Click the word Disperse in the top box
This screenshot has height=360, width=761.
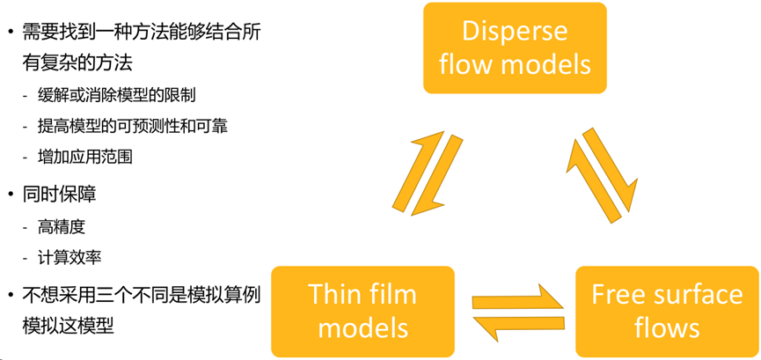[516, 32]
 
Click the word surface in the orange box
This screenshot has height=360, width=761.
[701, 295]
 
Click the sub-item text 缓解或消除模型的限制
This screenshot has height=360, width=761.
[115, 95]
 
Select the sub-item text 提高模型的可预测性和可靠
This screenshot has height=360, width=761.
[133, 126]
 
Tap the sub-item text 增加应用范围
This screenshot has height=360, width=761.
[85, 157]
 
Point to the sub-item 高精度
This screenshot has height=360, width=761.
[62, 227]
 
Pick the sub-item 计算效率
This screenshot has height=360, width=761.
[70, 258]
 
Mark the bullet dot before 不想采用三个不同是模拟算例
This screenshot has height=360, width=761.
[10, 294]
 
